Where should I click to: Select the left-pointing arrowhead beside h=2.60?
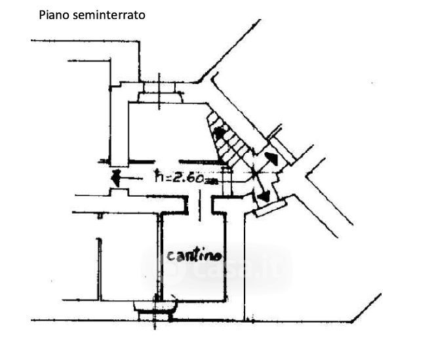pos(115,176)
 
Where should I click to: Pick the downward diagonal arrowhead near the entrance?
pos(266,195)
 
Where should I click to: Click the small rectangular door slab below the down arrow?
pos(271,209)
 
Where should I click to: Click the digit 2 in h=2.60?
pos(174,176)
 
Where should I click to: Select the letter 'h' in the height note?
pos(158,176)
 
